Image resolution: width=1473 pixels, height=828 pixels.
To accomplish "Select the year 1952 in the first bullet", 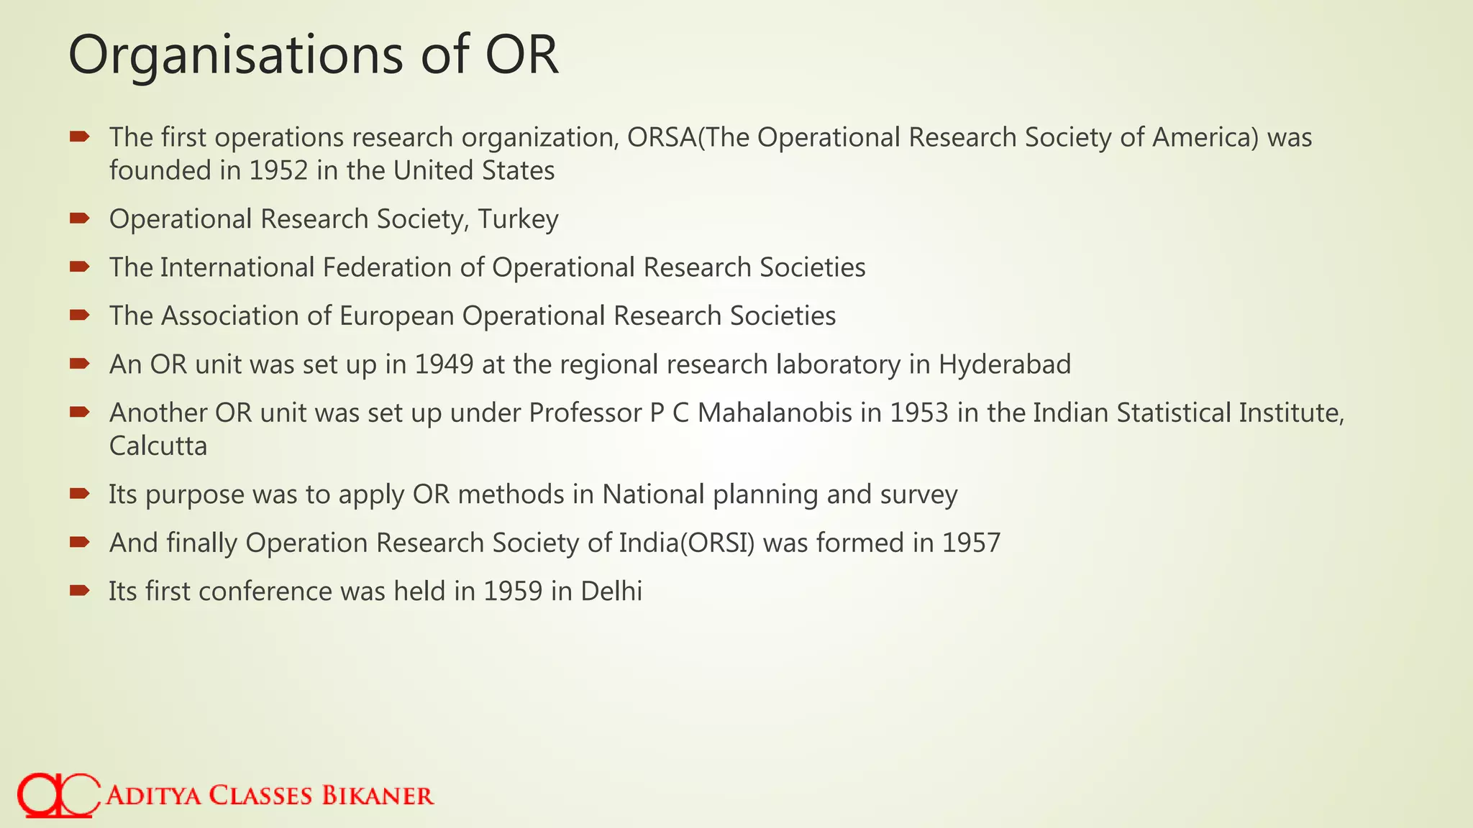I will (278, 171).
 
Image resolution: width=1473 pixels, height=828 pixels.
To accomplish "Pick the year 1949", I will (444, 364).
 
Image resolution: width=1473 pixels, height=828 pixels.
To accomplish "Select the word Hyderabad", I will (1004, 364).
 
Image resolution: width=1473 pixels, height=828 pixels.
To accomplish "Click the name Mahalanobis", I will (775, 413).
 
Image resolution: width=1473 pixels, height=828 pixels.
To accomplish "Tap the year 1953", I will (918, 413).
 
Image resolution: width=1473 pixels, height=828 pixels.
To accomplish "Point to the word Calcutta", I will (158, 446).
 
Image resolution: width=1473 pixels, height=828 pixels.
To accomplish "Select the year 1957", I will (971, 543).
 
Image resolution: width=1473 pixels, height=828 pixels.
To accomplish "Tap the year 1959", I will (512, 592).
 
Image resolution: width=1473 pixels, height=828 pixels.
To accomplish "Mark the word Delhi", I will (611, 592).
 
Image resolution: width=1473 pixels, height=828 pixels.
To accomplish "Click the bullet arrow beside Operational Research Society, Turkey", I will (79, 218).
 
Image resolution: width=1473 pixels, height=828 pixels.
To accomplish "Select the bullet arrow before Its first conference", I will (79, 591).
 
